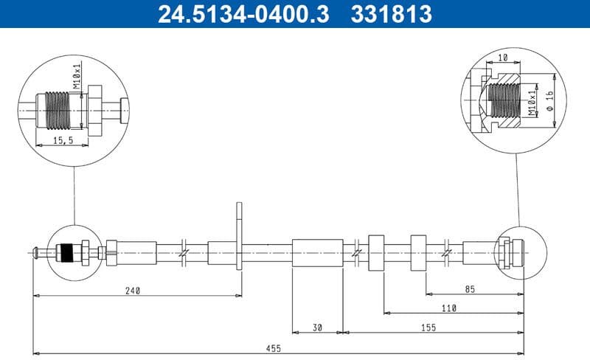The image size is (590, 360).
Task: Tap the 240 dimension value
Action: pos(133,290)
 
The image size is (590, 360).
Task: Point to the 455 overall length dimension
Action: pos(274,347)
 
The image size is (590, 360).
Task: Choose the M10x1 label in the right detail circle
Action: pos(531,103)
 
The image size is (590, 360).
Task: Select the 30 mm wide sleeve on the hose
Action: pos(317,253)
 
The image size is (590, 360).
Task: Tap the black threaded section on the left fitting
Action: pos(67,253)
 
